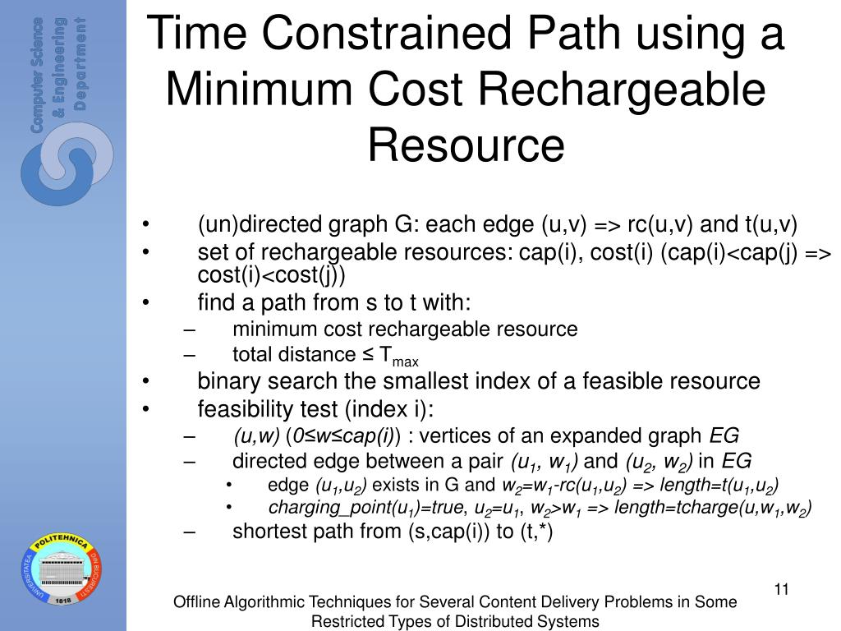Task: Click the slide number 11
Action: coord(781,589)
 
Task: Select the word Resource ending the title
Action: coord(466,145)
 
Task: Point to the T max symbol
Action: coord(399,357)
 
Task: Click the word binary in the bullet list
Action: coord(223,381)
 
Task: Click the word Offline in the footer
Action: coord(197,602)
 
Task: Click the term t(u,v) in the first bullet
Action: coord(771,225)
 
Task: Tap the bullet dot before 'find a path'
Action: coord(145,304)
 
